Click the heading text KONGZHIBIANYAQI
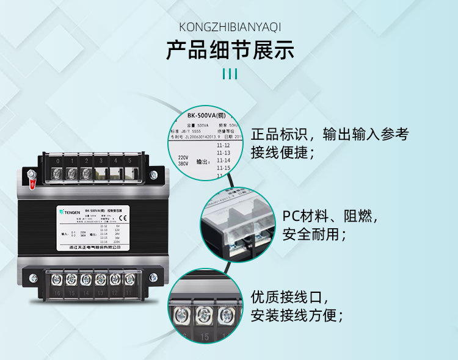(230, 27)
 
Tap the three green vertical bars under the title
(230, 74)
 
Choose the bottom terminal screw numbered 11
(129, 279)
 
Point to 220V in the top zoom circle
(183, 157)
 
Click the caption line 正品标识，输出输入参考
(330, 135)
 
